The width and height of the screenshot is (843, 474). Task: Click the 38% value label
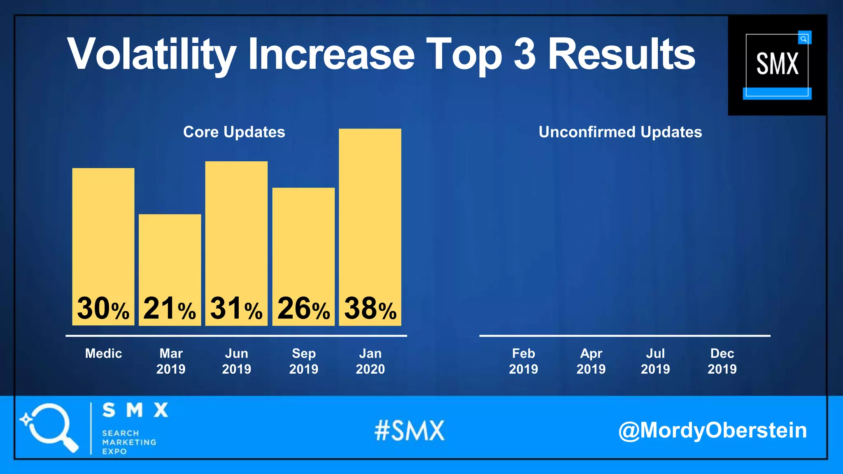(x=370, y=309)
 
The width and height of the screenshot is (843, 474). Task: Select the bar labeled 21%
(x=170, y=255)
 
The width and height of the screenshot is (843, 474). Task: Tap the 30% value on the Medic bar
(x=103, y=309)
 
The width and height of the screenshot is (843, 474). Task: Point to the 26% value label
(x=303, y=309)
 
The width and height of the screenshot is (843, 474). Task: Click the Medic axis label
(x=103, y=353)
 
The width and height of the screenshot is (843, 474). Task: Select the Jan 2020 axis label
(x=370, y=361)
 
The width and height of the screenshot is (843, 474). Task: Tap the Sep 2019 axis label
(x=303, y=361)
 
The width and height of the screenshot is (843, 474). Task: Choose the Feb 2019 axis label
(x=523, y=361)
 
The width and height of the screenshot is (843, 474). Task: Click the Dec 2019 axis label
(x=722, y=361)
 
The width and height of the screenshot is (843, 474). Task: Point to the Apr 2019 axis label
(x=591, y=361)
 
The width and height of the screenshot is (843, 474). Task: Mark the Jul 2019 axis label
(x=655, y=361)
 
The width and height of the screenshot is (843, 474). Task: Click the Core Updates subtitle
(x=234, y=132)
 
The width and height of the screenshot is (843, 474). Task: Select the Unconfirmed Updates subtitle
(x=620, y=132)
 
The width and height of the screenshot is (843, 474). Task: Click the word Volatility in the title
(x=151, y=55)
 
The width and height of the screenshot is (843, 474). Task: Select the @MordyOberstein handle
(x=713, y=430)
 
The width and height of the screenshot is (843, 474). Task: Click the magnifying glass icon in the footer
(x=49, y=427)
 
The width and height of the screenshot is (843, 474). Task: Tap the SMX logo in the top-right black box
(x=777, y=65)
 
